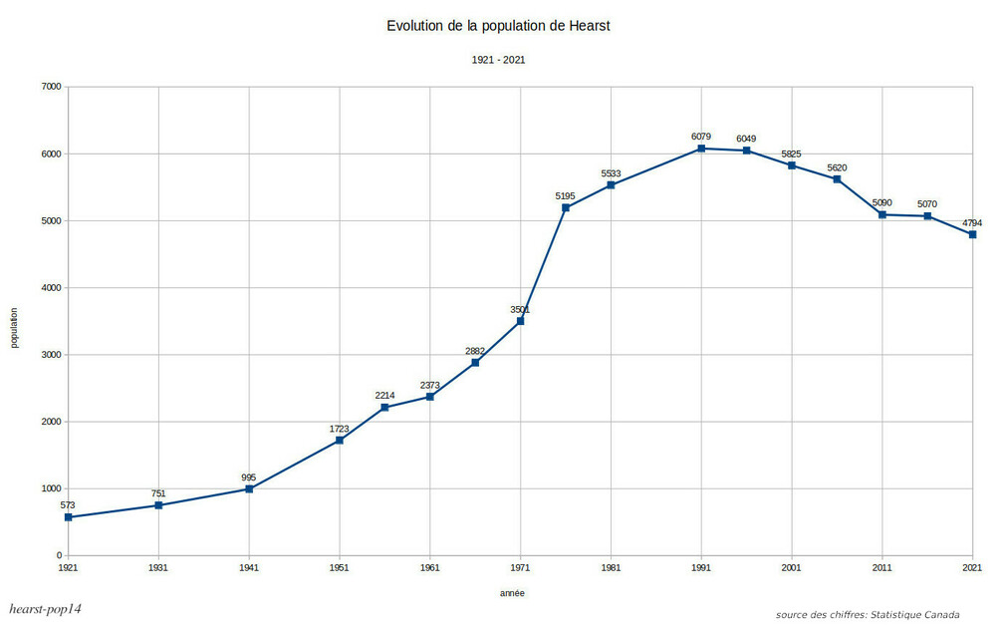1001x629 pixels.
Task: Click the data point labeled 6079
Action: click(701, 149)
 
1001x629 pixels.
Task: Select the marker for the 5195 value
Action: click(566, 207)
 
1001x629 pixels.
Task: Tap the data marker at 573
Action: click(68, 517)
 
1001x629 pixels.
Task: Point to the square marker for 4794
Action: click(972, 234)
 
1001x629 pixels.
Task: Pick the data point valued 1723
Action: click(340, 441)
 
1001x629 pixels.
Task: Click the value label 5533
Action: click(611, 173)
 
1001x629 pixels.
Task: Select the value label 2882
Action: click(475, 351)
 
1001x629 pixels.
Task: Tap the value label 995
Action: click(249, 477)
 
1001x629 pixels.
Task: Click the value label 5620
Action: click(837, 167)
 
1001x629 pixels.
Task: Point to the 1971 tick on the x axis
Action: click(520, 567)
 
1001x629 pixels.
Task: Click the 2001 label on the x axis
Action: click(792, 567)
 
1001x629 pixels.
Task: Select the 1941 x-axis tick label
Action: click(249, 567)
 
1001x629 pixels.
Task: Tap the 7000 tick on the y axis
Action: click(49, 87)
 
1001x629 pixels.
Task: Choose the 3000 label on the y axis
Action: click(49, 355)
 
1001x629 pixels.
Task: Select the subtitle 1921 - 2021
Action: click(498, 60)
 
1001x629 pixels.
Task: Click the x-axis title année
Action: click(512, 593)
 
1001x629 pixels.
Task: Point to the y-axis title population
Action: click(15, 327)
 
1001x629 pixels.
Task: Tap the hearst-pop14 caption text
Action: click(45, 609)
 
